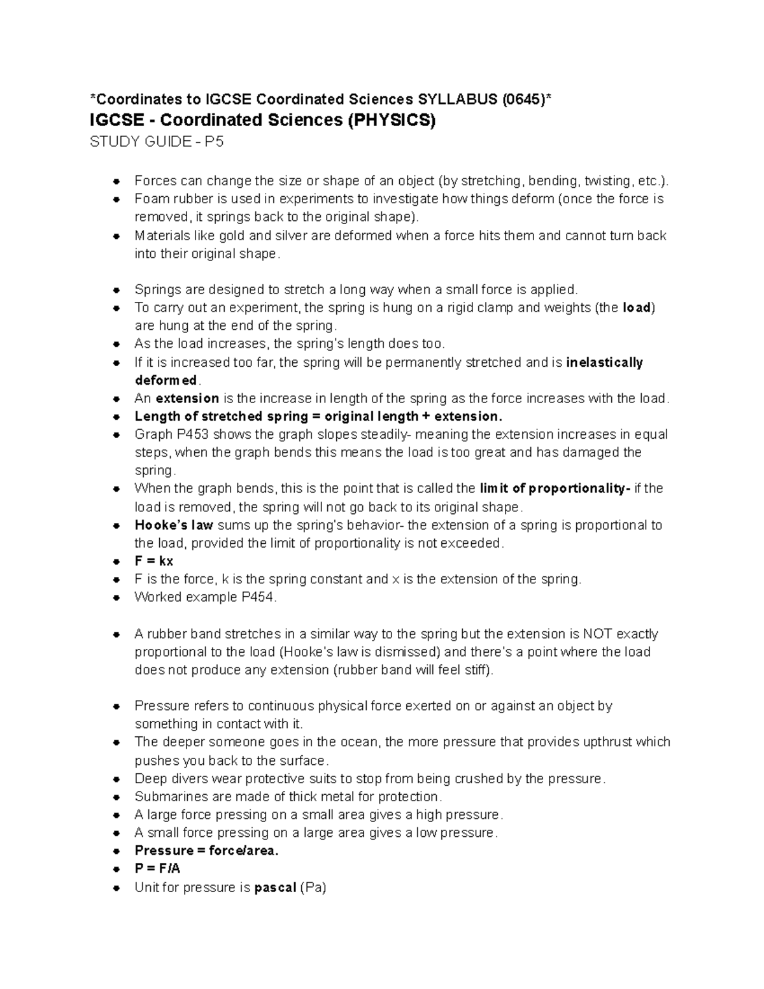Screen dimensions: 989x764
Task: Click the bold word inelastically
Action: coord(604,362)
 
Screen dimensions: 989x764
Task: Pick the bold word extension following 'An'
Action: coord(187,399)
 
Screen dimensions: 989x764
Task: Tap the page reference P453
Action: coord(190,434)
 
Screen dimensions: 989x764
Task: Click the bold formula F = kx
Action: coord(153,561)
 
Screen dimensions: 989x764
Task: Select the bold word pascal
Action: coord(275,888)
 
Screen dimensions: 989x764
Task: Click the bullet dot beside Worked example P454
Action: coord(117,598)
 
